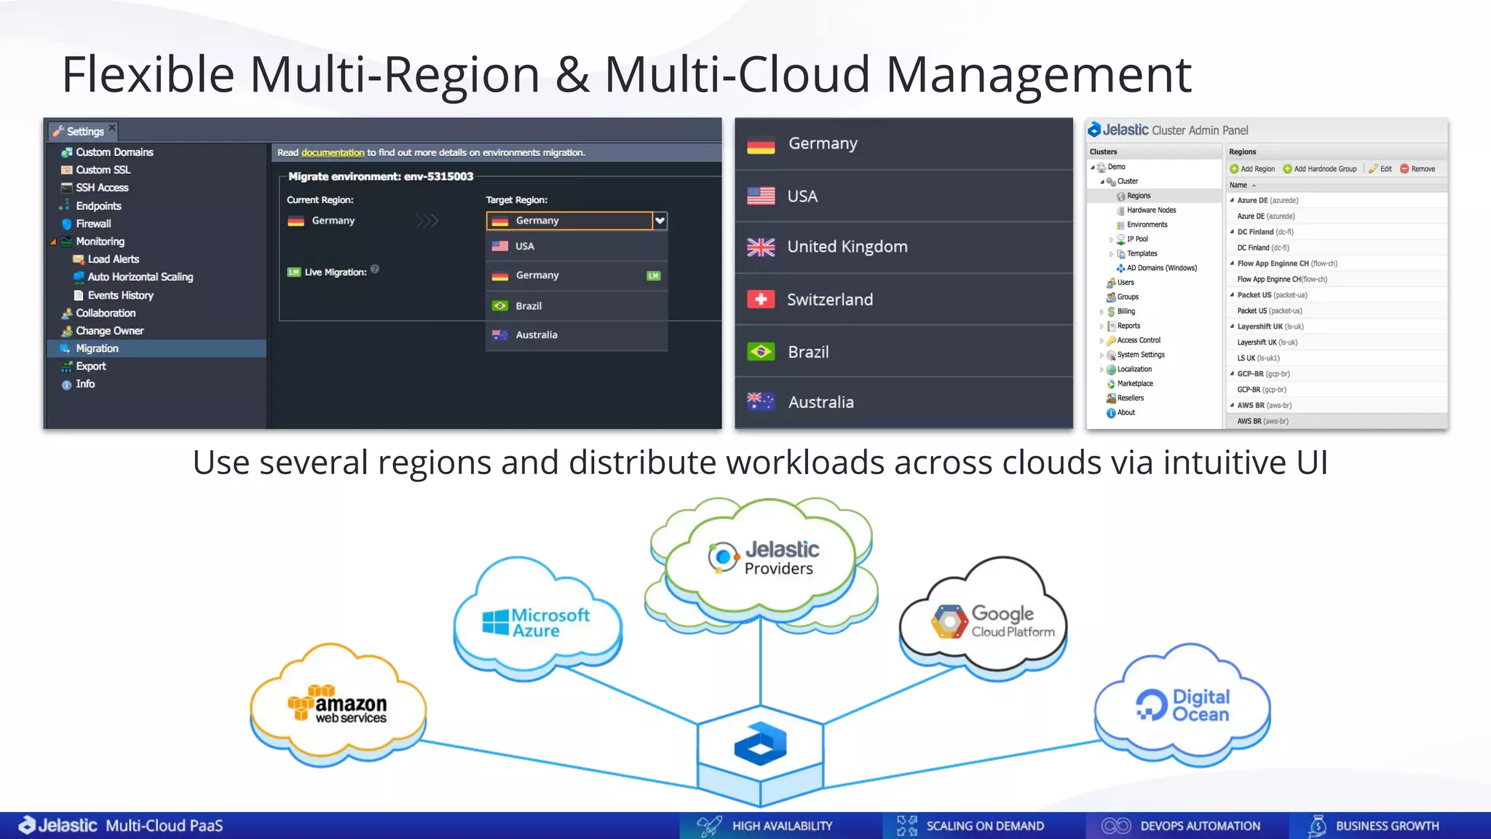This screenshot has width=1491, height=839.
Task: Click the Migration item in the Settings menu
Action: click(x=97, y=348)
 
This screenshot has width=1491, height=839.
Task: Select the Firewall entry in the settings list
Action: click(x=93, y=224)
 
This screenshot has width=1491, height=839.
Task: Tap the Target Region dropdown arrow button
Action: click(x=660, y=221)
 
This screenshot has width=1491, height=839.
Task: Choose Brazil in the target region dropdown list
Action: click(x=529, y=306)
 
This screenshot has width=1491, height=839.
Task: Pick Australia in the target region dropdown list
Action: click(x=536, y=335)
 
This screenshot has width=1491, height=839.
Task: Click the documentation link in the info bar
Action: click(x=333, y=152)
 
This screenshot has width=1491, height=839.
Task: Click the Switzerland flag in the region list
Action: click(x=761, y=299)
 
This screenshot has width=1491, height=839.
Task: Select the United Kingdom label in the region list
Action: click(x=847, y=247)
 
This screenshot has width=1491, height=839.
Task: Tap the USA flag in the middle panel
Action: click(x=761, y=196)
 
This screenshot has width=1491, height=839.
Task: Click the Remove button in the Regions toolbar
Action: click(x=1417, y=169)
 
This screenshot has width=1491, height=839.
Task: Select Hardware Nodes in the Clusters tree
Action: click(x=1151, y=210)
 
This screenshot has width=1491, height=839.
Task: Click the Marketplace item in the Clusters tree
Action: click(x=1134, y=383)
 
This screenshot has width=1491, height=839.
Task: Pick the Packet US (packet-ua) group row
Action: click(x=1272, y=295)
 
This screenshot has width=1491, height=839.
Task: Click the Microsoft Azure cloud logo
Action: click(x=537, y=623)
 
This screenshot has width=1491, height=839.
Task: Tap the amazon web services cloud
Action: click(x=339, y=705)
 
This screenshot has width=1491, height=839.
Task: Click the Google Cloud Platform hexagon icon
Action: click(x=949, y=622)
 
